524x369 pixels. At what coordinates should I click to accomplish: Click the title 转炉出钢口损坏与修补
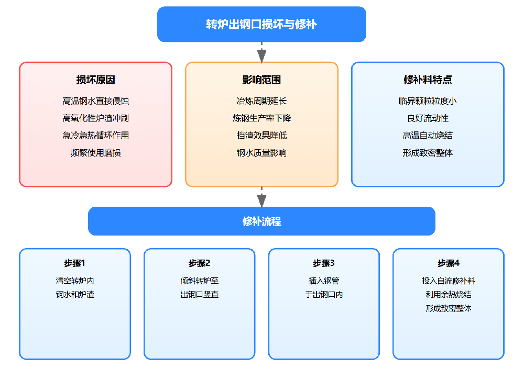(261, 24)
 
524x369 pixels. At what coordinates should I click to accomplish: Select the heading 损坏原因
(95, 80)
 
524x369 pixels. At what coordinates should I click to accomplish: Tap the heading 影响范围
(261, 80)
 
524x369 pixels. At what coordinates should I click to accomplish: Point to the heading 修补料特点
(428, 80)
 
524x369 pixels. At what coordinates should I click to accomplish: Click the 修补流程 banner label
(261, 221)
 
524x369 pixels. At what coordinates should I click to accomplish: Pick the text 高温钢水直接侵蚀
(95, 101)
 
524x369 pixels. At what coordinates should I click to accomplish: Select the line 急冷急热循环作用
(95, 136)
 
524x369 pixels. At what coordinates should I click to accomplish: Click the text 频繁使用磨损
(95, 153)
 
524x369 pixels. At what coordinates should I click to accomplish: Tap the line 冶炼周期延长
(261, 101)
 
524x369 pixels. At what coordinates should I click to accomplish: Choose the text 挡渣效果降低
(261, 136)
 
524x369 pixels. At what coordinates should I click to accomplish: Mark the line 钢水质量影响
(261, 153)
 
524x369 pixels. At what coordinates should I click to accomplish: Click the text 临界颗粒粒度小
(428, 101)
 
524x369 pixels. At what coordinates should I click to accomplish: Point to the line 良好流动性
(428, 118)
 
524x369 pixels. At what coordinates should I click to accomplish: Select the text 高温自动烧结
(428, 136)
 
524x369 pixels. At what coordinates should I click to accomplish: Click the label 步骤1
(75, 263)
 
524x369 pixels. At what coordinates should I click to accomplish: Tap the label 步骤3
(324, 263)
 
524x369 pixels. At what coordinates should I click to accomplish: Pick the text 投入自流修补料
(449, 281)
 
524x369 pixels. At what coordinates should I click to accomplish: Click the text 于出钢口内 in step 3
(324, 295)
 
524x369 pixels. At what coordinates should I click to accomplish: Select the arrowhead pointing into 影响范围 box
(261, 56)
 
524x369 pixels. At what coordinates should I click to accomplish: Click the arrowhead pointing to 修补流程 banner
(261, 200)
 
